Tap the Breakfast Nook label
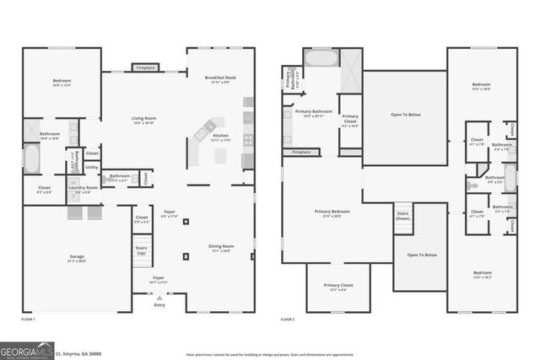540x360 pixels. [221, 78]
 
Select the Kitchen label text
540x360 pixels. [221, 136]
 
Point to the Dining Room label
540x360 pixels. [221, 246]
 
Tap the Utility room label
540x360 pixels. [91, 167]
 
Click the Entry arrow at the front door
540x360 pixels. [159, 297]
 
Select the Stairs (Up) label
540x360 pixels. [141, 251]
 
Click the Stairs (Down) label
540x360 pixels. [402, 214]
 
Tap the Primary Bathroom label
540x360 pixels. [313, 111]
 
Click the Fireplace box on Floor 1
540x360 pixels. [144, 67]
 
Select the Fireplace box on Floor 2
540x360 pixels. [300, 153]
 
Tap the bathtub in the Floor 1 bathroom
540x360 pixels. [30, 158]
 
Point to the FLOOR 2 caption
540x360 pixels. [288, 320]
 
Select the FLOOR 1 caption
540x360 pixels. [28, 320]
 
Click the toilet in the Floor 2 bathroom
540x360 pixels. [473, 182]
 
